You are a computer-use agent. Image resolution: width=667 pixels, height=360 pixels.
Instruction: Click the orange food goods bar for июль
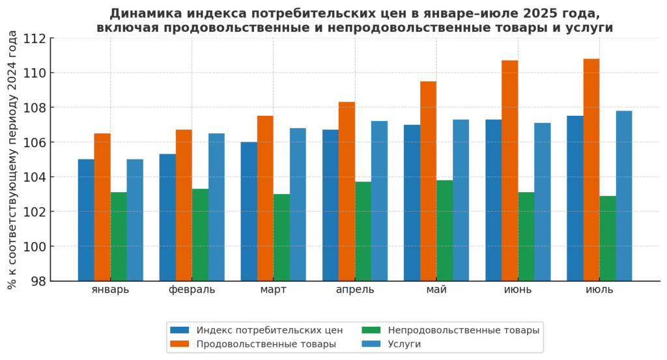point(591,170)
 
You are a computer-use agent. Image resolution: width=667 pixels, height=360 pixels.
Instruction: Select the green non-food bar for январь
point(119,236)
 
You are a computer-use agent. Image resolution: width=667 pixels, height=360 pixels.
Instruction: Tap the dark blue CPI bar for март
point(249,212)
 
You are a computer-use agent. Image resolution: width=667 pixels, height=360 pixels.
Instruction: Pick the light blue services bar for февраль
point(216,207)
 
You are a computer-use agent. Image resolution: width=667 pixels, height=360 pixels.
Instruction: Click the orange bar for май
point(428,181)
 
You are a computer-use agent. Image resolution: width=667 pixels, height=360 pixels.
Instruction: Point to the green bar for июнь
point(526,236)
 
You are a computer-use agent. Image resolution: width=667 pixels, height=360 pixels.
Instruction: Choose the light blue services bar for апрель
point(379,201)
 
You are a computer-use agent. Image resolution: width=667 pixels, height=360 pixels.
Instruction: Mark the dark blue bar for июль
point(575,199)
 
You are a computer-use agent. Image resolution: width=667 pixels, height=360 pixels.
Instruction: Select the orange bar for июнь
point(510,171)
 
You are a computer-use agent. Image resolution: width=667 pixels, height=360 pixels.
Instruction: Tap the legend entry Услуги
point(404,344)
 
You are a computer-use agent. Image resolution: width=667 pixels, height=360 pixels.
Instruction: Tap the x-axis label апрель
point(355,290)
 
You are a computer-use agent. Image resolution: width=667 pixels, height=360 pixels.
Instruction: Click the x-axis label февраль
point(192,290)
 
